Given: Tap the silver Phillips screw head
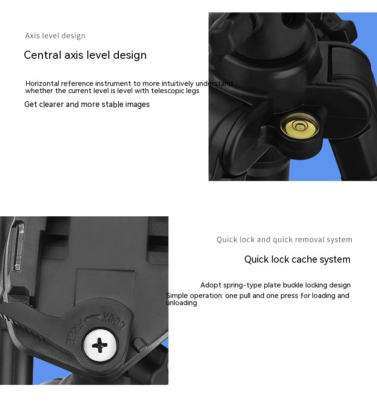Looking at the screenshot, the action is pos(100,345).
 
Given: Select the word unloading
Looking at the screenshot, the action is pos(181,303).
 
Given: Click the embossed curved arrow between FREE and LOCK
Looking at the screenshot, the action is pos(93,318).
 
